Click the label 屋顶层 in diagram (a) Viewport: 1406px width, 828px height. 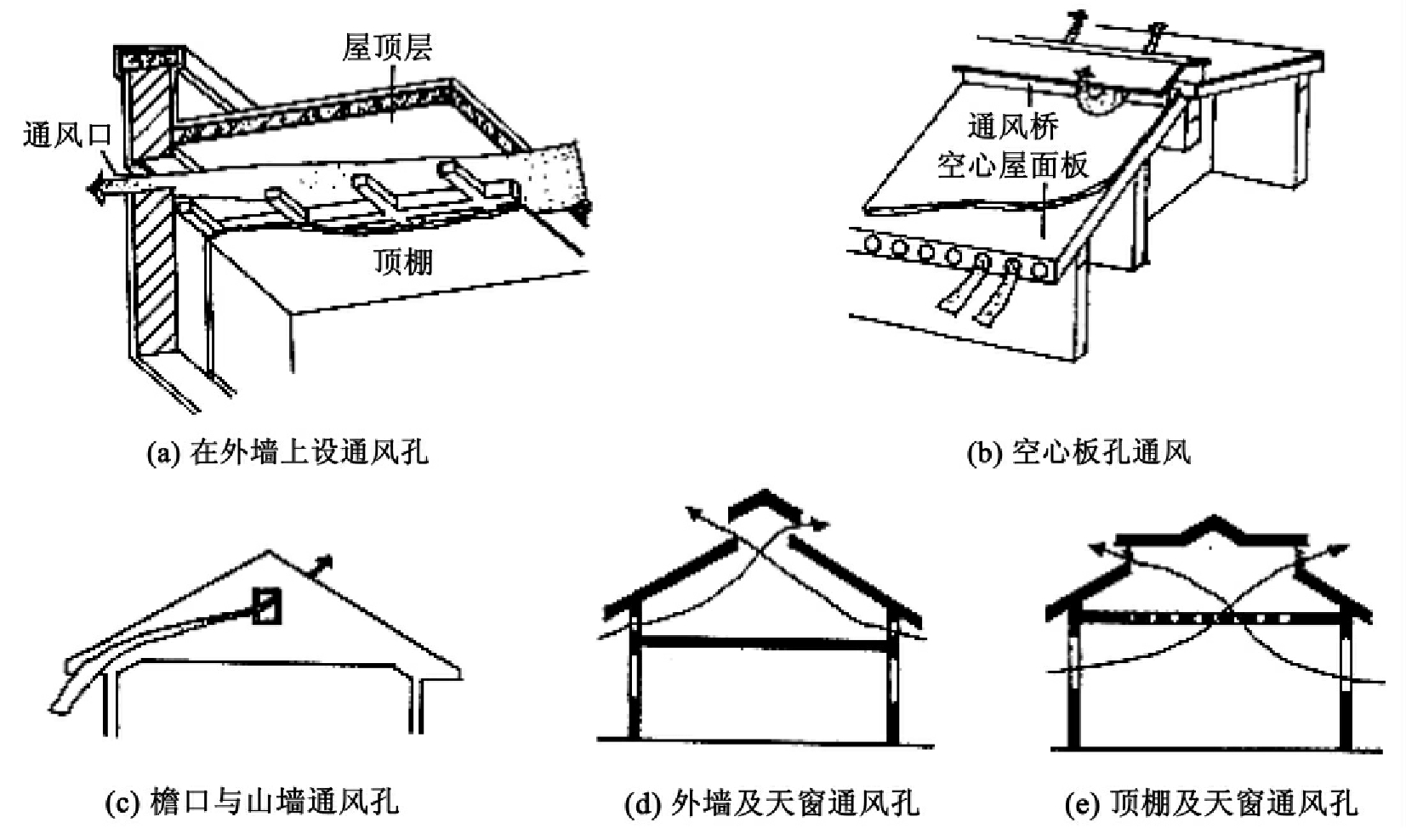point(387,47)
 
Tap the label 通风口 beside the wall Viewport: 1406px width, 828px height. point(67,134)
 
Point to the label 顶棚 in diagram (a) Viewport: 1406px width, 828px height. point(403,261)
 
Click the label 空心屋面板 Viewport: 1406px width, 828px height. point(1012,165)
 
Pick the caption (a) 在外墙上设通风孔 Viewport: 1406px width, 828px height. point(287,452)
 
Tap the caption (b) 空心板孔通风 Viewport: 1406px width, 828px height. point(1079,452)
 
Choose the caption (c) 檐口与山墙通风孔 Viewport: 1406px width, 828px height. point(252,801)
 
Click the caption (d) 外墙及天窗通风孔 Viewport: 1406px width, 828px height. point(772,802)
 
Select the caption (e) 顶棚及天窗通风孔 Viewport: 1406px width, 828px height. point(1211,802)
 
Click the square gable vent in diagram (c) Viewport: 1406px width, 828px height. point(267,605)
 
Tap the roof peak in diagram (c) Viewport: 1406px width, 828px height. point(270,552)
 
